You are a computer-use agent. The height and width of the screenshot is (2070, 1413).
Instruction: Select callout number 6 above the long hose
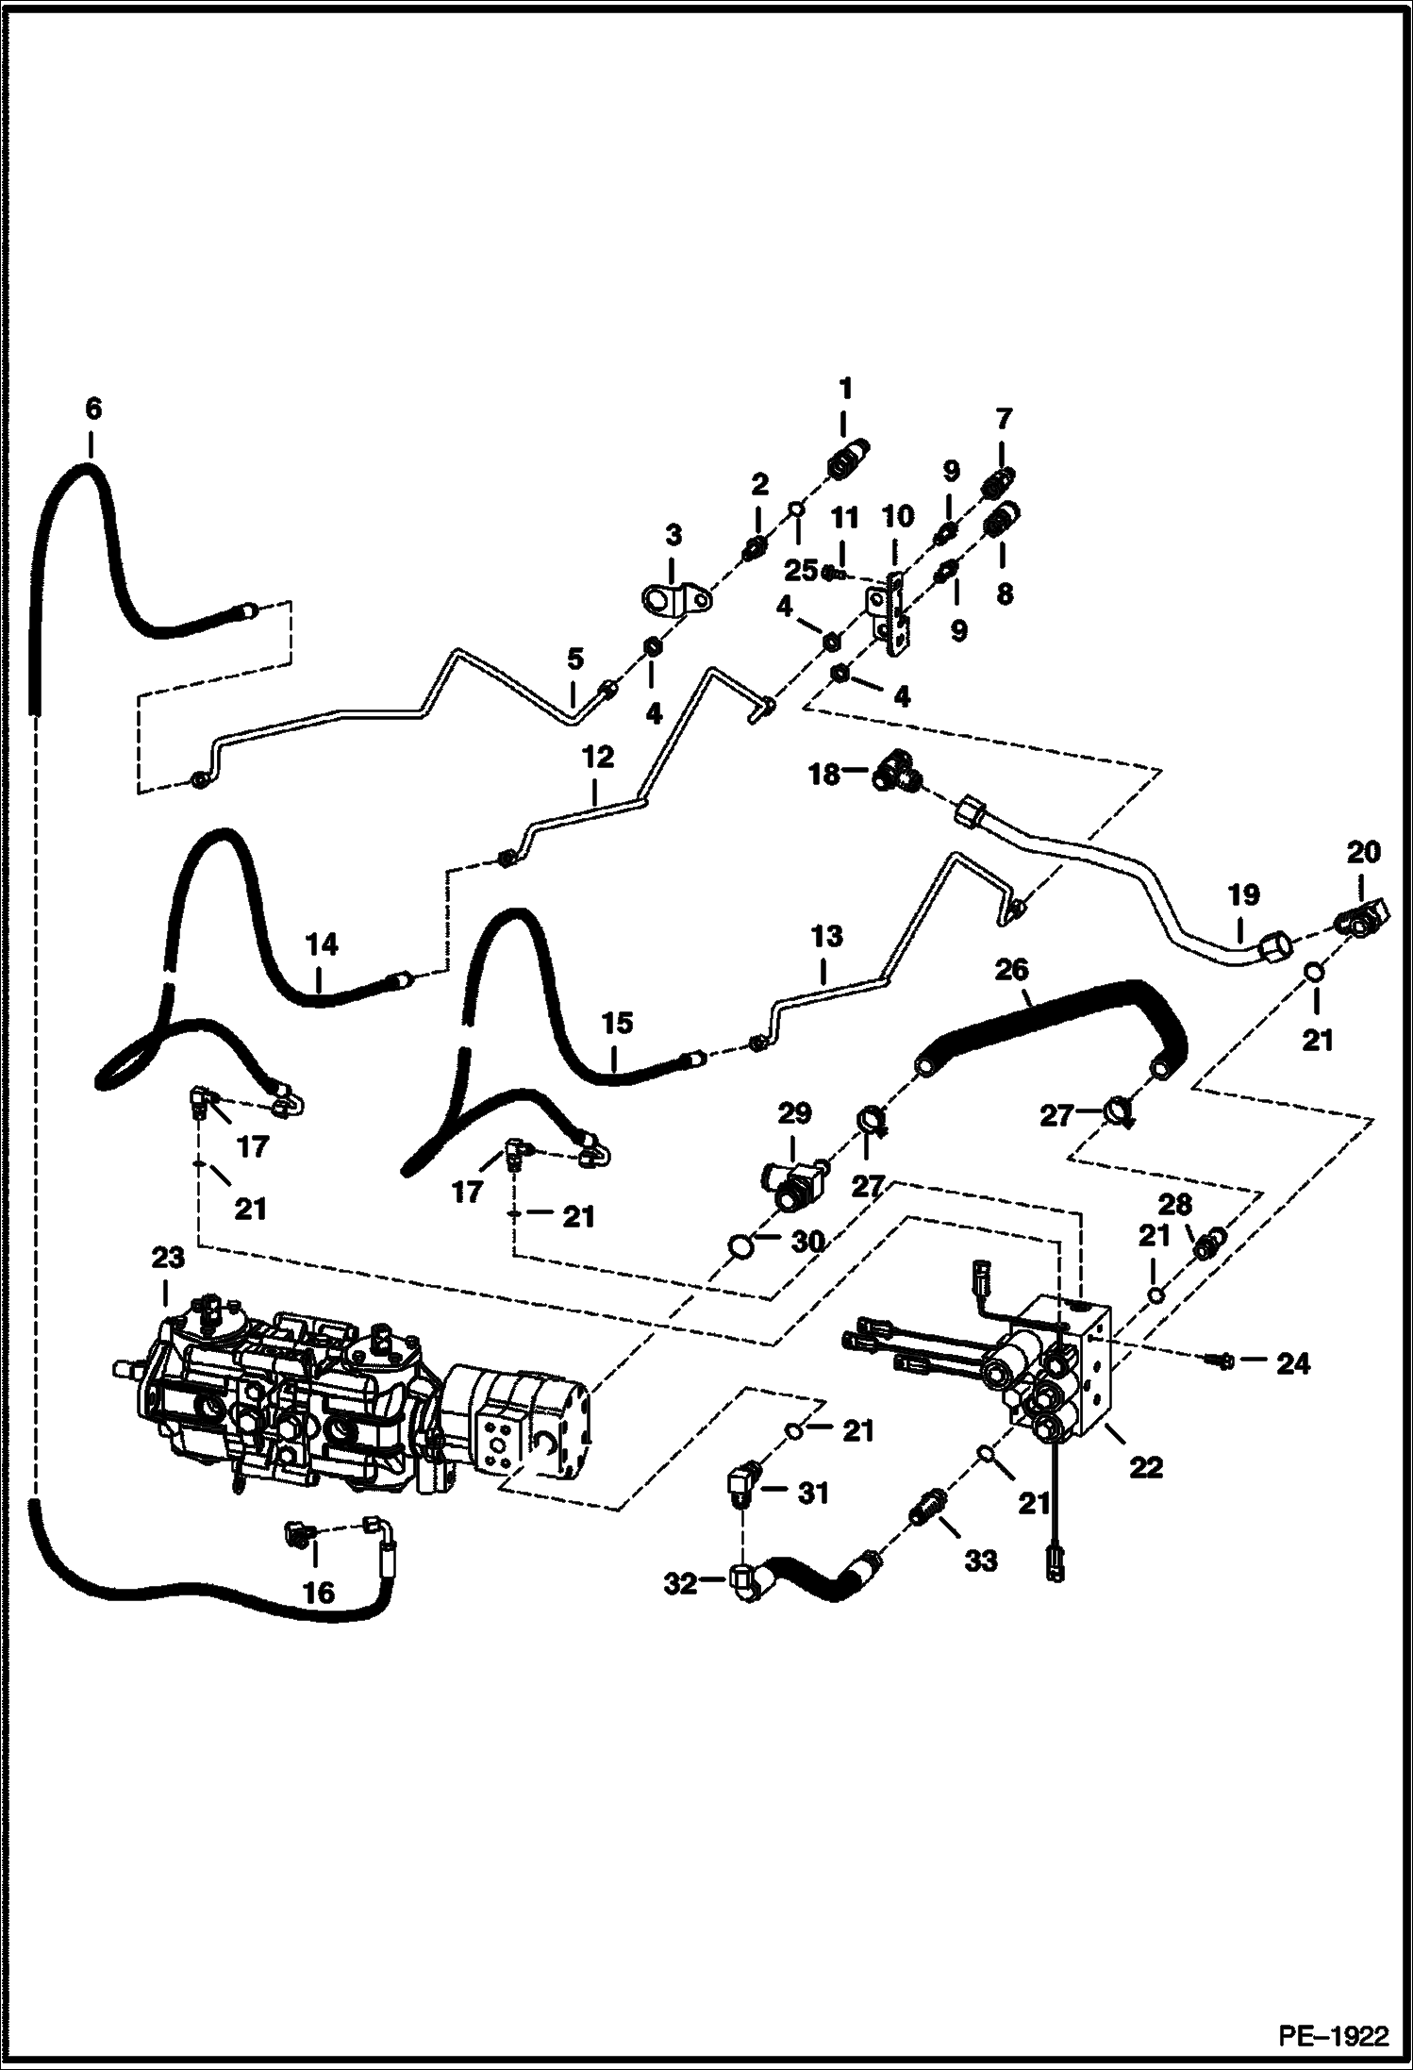coord(92,409)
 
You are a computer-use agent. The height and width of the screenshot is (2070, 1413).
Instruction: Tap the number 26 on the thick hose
coord(1011,969)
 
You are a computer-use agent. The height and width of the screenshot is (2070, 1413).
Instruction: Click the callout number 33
coord(980,1561)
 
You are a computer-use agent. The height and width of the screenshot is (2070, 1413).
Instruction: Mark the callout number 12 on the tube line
coord(597,757)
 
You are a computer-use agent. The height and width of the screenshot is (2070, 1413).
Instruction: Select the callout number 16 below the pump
coord(318,1593)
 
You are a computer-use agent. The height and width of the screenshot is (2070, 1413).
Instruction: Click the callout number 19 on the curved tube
coord(1243,893)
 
